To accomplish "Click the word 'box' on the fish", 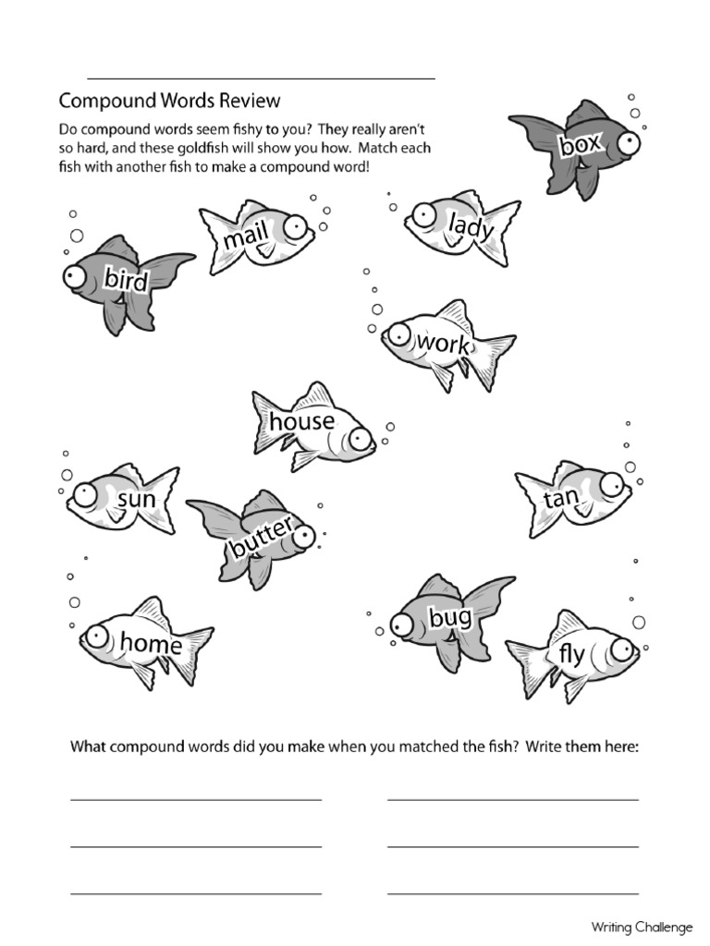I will (x=580, y=144).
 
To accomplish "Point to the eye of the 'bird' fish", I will (x=74, y=275).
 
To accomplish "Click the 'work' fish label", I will (x=444, y=344).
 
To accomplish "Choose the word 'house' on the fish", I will (x=302, y=421).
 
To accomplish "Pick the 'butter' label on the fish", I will (x=262, y=539).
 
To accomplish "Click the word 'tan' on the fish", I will (x=561, y=499).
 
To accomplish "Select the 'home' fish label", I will (x=151, y=642).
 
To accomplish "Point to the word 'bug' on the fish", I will (x=450, y=617).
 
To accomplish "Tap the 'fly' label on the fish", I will (x=571, y=655).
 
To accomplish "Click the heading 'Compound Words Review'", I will (x=169, y=100).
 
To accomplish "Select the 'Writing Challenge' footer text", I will (x=643, y=928).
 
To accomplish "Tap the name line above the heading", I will (x=261, y=79).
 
